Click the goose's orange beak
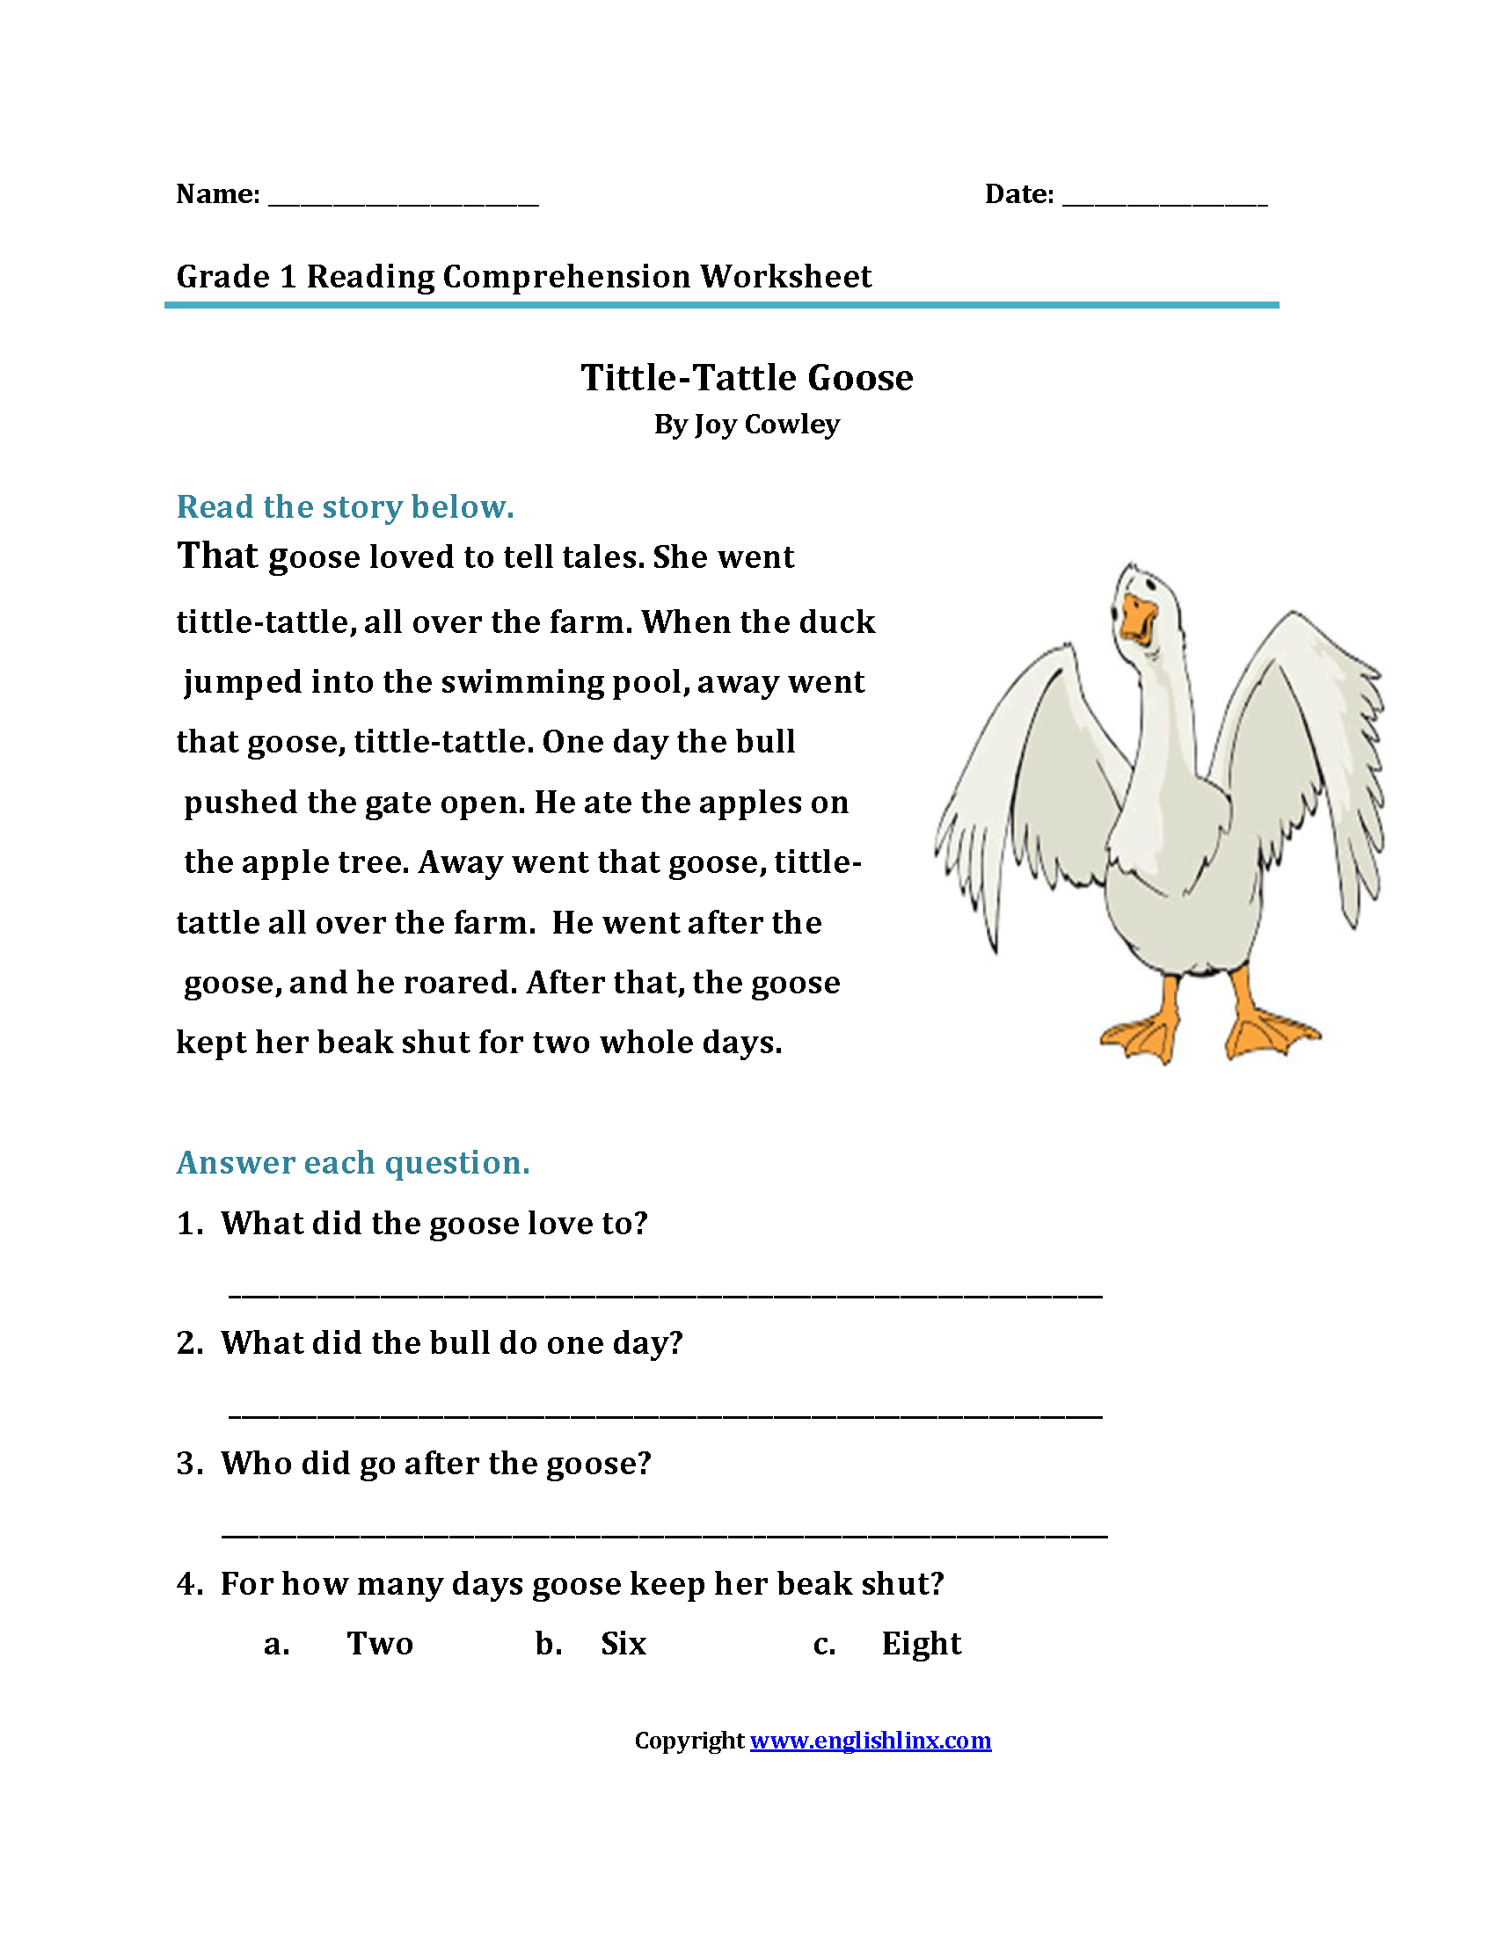tap(1137, 620)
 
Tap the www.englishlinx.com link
tap(870, 1741)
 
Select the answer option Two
tap(380, 1645)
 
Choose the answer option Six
tap(624, 1645)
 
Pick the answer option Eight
tap(921, 1645)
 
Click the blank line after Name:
tap(403, 202)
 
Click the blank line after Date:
tap(1164, 202)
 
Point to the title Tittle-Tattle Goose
tap(747, 378)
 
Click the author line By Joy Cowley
tap(747, 425)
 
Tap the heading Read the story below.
tap(346, 507)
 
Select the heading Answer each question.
tap(354, 1163)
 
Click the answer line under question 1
tap(664, 1295)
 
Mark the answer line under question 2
tap(664, 1415)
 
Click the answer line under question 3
tap(664, 1535)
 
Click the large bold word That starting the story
tap(218, 556)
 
